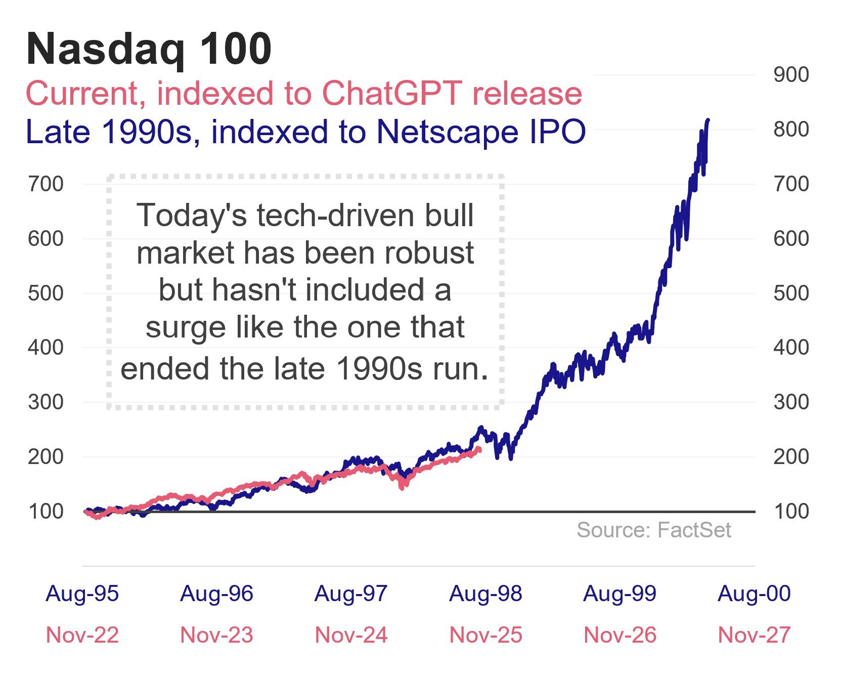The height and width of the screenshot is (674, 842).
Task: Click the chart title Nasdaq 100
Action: (149, 49)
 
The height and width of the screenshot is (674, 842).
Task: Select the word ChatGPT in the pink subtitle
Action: (391, 94)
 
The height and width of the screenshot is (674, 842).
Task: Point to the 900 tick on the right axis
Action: (791, 75)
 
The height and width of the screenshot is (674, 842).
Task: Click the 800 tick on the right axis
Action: (791, 130)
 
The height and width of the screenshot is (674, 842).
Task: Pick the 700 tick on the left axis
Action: (46, 184)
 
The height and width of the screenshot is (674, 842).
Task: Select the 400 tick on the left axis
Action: (46, 348)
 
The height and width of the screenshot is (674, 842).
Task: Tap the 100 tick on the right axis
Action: (791, 512)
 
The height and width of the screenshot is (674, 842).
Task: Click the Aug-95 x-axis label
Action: (82, 594)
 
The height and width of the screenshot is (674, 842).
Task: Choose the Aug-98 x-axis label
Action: (485, 594)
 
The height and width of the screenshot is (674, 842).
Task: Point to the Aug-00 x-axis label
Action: (754, 594)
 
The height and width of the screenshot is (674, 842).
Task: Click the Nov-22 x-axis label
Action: (82, 635)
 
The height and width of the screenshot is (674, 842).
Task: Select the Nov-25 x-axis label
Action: (485, 635)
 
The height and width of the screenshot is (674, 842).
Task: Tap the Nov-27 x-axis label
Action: (754, 635)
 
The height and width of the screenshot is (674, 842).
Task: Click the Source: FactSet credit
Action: (653, 530)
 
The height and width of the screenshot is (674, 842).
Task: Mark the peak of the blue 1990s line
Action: (708, 120)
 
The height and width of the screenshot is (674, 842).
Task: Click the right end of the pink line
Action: (479, 449)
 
